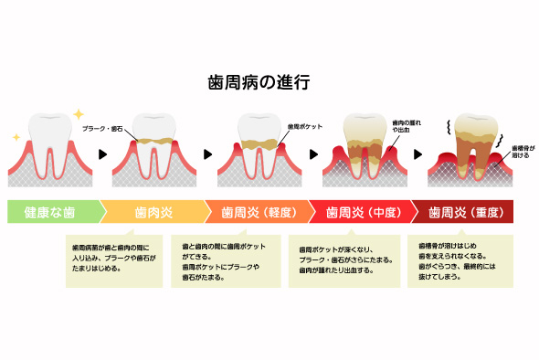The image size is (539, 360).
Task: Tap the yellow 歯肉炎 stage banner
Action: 153,212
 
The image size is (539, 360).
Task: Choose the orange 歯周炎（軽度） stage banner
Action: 257,212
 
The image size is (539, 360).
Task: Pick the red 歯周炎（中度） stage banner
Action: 361,212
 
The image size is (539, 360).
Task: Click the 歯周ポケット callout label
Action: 304,125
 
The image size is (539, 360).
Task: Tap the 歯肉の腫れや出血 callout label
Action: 407,125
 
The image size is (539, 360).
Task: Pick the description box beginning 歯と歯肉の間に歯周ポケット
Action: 219,259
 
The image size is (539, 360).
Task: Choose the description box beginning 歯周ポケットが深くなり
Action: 348,259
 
